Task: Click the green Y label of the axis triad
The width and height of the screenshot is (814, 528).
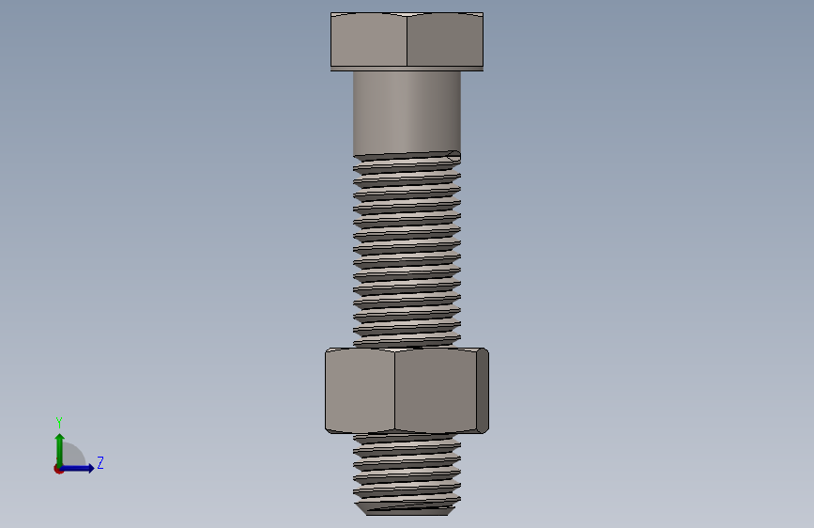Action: (x=59, y=422)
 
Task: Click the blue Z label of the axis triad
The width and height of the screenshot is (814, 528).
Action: (x=100, y=462)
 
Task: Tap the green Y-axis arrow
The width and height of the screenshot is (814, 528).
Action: (x=60, y=450)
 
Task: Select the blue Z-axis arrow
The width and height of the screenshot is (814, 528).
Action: (x=76, y=468)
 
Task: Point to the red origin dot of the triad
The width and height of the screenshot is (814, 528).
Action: (x=58, y=469)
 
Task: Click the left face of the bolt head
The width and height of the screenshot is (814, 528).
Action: (x=369, y=39)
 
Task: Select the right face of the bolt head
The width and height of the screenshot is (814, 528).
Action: (x=445, y=39)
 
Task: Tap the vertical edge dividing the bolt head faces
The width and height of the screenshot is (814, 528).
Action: (x=407, y=40)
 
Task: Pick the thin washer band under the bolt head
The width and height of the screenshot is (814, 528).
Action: (x=407, y=69)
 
